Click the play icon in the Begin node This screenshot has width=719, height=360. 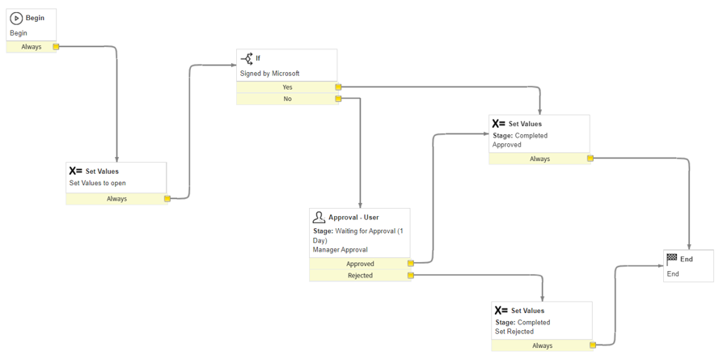pos(16,19)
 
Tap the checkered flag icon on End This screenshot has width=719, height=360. pos(672,259)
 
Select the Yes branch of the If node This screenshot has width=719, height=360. pos(287,87)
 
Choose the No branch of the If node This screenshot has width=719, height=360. pos(287,99)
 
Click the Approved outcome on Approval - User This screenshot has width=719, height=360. pos(361,264)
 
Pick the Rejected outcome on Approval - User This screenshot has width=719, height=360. pos(361,276)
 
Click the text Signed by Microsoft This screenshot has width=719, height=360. pos(269,74)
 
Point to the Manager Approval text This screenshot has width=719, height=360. pos(340,250)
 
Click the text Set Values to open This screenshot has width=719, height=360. pos(98,183)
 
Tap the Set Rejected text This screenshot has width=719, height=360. pos(514,332)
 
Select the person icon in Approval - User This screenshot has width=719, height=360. pos(319,217)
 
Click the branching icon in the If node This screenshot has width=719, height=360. pos(247,58)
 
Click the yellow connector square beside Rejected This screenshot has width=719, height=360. pos(411,276)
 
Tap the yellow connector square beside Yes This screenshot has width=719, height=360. pos(338,87)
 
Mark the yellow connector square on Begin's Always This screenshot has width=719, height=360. pos(56,47)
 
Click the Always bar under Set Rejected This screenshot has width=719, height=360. pos(543,345)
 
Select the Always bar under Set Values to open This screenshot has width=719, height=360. pos(117,199)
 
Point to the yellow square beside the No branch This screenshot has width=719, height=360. pos(338,99)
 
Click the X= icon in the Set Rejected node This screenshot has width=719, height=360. pos(501,310)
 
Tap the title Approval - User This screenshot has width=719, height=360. pos(353,218)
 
